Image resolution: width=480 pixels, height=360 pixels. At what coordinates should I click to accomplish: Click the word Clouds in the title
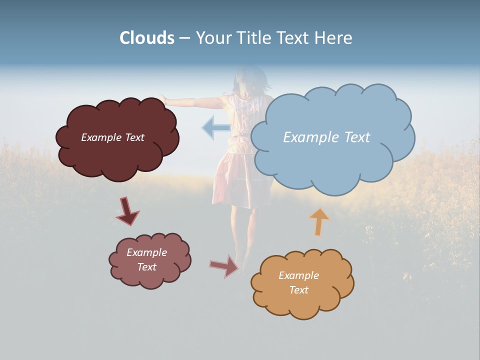coord(146,38)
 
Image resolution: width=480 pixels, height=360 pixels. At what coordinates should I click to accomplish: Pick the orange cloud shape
coord(302,300)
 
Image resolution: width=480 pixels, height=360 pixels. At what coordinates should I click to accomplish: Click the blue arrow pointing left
coord(215,127)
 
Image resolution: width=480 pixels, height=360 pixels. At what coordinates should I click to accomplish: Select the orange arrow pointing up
coord(319,221)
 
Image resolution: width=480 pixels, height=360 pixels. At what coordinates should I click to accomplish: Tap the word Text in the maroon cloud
coord(134,137)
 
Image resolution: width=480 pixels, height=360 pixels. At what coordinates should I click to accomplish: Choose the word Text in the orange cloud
coord(298,290)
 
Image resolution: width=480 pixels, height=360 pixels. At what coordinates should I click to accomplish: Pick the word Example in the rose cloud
coord(146,252)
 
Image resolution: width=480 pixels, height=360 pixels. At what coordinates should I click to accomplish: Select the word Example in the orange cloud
coord(298,275)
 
